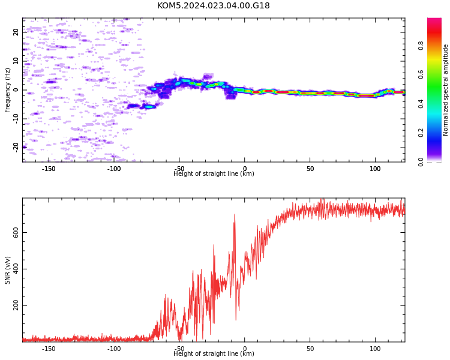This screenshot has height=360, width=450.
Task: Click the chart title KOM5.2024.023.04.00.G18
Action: coord(213,5)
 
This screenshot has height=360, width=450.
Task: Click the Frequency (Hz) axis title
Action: coord(7,90)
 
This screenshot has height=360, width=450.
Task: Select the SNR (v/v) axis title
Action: coord(7,270)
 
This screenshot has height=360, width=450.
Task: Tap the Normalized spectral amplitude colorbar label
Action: coord(445,90)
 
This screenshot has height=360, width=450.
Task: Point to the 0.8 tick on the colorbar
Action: coord(421,46)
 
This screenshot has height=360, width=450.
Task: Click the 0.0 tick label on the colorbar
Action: coord(421,162)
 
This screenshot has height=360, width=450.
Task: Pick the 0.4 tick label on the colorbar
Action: coord(421,104)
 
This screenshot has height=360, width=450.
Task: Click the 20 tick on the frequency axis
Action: coord(16,32)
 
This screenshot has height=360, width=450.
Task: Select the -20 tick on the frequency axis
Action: coord(16,148)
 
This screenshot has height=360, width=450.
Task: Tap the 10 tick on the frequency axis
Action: coord(16,61)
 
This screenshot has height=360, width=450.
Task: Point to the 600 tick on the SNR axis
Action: coord(16,232)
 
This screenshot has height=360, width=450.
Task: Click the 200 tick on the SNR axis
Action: coord(16,305)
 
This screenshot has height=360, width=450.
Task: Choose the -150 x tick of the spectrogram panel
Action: coord(49,169)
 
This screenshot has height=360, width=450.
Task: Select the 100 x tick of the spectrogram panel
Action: coord(375,169)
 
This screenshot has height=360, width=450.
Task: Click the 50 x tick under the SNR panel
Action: coord(310,349)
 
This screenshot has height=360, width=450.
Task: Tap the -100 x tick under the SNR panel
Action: coord(114,349)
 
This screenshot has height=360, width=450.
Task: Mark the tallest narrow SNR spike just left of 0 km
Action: coord(235,214)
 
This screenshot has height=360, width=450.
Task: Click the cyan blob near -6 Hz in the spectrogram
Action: coord(149,107)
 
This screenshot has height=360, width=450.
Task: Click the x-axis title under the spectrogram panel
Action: coord(214,173)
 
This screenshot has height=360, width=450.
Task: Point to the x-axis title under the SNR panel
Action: coord(214,353)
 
